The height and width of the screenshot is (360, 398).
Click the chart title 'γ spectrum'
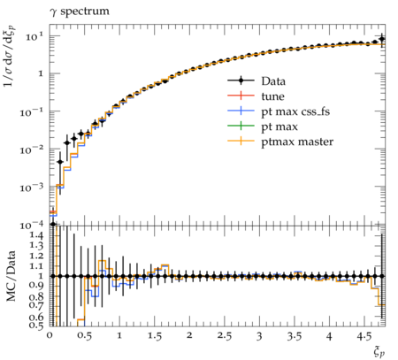[80, 11]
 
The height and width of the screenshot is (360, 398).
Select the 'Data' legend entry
[256, 81]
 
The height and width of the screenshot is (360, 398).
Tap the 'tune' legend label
[272, 96]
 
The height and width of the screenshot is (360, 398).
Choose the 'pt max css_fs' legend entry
[279, 111]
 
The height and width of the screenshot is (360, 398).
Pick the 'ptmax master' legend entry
[280, 142]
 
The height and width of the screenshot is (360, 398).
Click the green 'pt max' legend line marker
[241, 126]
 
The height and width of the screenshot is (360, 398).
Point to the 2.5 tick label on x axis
[224, 336]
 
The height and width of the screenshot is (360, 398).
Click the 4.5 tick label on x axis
[364, 336]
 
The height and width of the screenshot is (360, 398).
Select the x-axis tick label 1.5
[154, 336]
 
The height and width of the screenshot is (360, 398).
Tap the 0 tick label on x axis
[50, 336]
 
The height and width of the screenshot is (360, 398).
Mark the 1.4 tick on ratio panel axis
[36, 235]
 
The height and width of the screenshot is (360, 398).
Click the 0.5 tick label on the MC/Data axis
[36, 325]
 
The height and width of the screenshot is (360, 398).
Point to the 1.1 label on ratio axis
[36, 266]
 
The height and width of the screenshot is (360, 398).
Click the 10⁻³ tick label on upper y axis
[32, 187]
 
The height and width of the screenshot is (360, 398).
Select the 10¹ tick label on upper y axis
[34, 37]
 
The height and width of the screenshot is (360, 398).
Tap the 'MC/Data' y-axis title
[11, 276]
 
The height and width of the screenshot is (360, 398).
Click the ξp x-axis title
[379, 352]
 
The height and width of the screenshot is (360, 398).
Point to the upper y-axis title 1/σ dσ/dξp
[11, 56]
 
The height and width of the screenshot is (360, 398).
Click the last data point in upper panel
[382, 39]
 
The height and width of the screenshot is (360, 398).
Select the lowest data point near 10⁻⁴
[53, 224]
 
